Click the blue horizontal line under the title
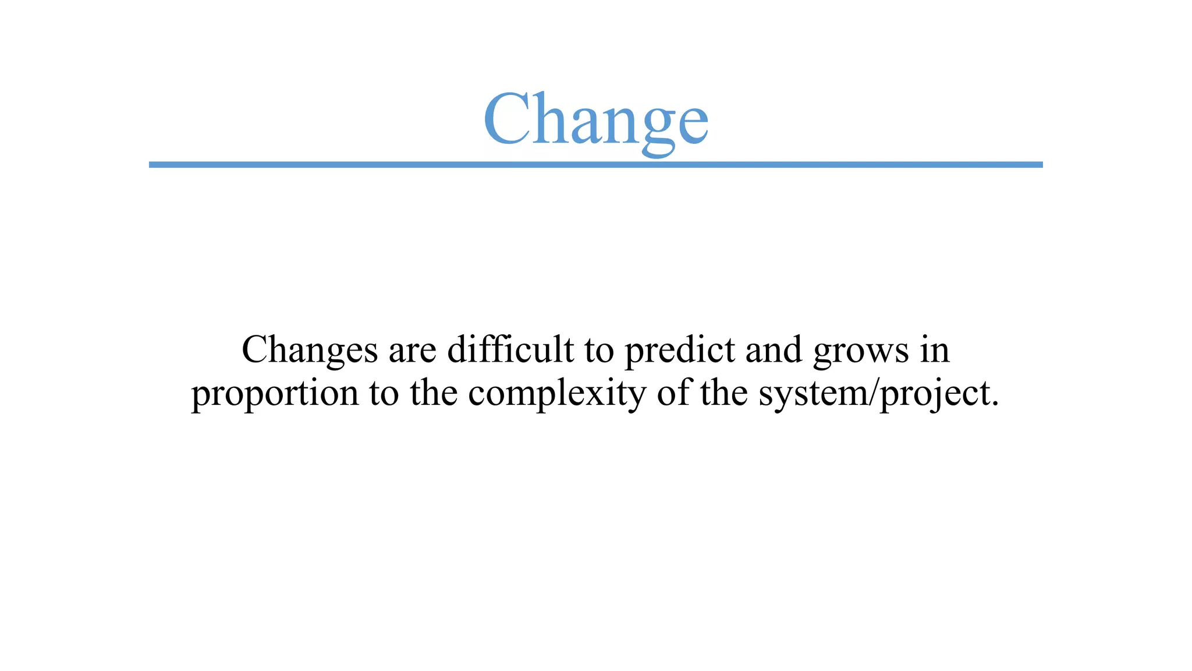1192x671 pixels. [x=595, y=165]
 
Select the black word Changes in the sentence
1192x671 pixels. [x=310, y=351]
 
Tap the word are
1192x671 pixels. [x=412, y=351]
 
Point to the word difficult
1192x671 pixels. [x=510, y=349]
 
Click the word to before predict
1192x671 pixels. [x=599, y=351]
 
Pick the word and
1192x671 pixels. [x=774, y=349]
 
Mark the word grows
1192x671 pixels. [x=861, y=352]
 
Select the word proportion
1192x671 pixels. [x=275, y=394]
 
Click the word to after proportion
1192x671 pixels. [x=384, y=394]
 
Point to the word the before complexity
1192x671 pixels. [x=434, y=393]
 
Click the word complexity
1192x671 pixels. [x=557, y=394]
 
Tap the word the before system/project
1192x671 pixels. [x=724, y=393]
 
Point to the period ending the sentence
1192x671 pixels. [x=994, y=404]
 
